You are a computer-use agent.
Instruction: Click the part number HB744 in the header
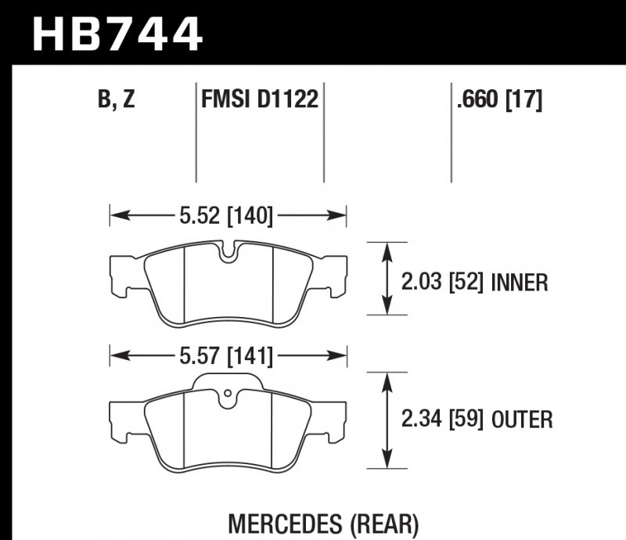coord(117,33)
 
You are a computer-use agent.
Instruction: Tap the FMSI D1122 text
coord(259,100)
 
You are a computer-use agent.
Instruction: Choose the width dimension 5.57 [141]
coord(226,357)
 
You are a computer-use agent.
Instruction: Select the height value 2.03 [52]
coord(442,282)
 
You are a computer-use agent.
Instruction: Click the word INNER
coord(519,282)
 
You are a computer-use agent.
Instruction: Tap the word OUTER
coord(523,420)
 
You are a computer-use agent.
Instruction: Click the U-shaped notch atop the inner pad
coord(228,252)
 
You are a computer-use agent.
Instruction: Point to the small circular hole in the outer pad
coord(227,393)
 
